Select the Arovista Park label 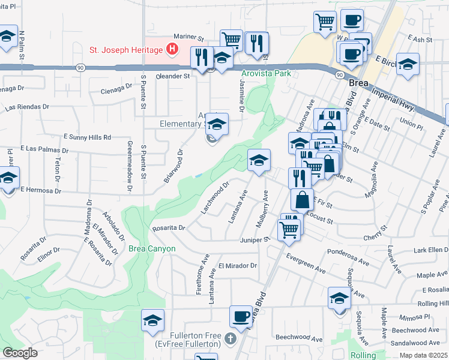tap(266, 73)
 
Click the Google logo tap(20, 353)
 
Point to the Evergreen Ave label tap(306, 266)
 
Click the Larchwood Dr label tap(216, 198)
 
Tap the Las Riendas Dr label tap(27, 108)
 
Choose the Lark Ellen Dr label tap(430, 250)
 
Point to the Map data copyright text tap(424, 355)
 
